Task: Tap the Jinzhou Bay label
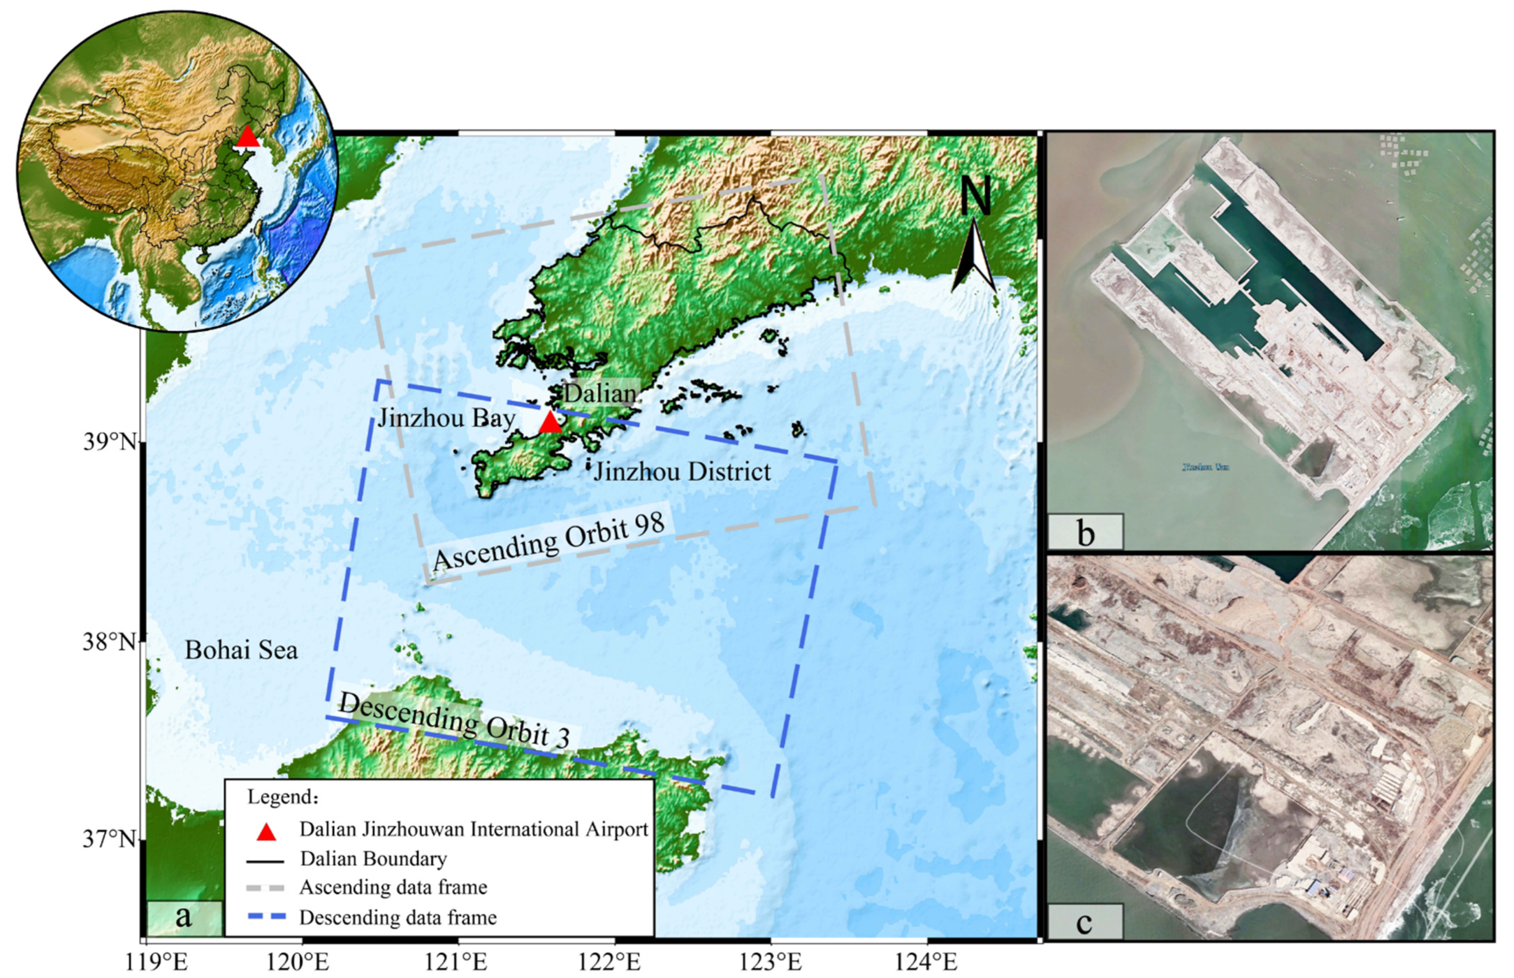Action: [x=446, y=419]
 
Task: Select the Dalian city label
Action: [x=600, y=394]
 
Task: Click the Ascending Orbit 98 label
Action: [x=549, y=541]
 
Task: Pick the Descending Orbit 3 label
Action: [x=454, y=719]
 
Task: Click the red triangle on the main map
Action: [x=550, y=422]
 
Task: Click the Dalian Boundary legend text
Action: [x=373, y=858]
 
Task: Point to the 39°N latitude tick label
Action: [x=109, y=442]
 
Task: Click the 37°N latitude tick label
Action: [x=109, y=839]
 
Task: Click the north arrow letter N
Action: [x=976, y=196]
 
